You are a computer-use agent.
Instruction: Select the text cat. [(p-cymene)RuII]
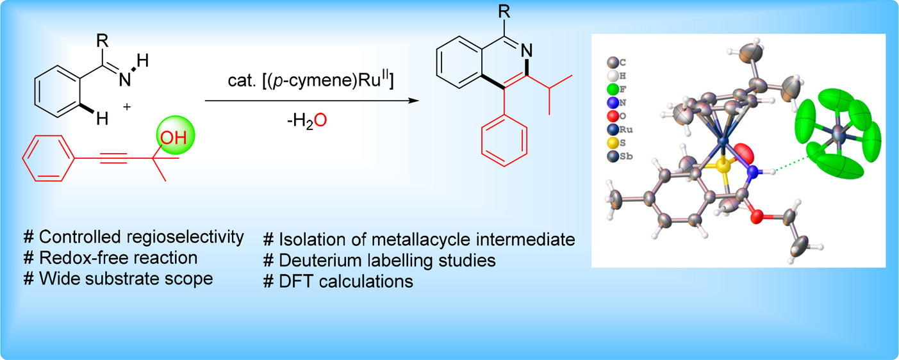307,82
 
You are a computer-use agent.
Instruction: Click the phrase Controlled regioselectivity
134,237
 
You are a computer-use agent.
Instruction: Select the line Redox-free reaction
110,258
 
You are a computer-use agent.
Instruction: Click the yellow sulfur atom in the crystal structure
723,167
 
